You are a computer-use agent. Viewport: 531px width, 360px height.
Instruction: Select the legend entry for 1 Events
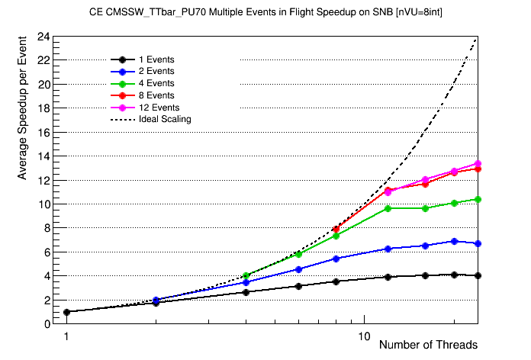click(156, 59)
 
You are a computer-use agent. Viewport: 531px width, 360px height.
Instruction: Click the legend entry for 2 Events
click(156, 71)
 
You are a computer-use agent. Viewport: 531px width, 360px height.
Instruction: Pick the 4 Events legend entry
click(156, 83)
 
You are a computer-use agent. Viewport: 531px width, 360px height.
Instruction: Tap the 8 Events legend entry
click(156, 95)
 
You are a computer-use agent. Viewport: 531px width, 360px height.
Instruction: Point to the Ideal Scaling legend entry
click(165, 119)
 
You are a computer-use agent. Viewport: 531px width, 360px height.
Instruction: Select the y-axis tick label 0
click(47, 324)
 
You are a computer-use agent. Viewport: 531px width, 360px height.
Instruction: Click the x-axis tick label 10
click(364, 336)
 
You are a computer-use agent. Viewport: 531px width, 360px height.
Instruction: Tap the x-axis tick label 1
click(66, 336)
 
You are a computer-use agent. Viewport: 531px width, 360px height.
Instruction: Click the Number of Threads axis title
click(428, 345)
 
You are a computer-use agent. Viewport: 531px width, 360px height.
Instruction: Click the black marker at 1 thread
click(66, 312)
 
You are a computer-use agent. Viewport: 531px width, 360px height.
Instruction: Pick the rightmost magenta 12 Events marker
click(478, 163)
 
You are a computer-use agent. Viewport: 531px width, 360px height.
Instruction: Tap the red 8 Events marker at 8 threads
click(335, 229)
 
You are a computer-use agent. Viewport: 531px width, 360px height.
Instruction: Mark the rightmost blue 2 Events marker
click(478, 243)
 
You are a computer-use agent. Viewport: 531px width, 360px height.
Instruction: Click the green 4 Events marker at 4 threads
click(246, 275)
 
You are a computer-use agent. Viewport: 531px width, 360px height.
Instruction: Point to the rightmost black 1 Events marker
click(478, 275)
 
